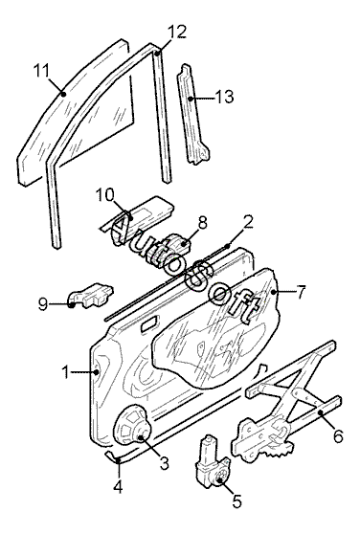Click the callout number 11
pos(41,71)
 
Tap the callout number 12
pos(177,32)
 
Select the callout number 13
pos(224,97)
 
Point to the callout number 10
pos(104,195)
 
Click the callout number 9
pos(43,304)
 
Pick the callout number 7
pos(301,292)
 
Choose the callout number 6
pos(338,435)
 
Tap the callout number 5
pos(237,501)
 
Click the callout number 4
pos(118,487)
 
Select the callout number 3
pos(164,463)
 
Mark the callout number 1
pos(65,372)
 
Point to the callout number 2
pos(248,222)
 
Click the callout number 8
pos(202,223)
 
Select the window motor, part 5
pos(212,460)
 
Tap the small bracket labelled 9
pos(90,295)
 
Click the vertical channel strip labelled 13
pos(192,114)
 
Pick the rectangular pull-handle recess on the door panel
pos(149,323)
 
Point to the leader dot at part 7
pos(273,292)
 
